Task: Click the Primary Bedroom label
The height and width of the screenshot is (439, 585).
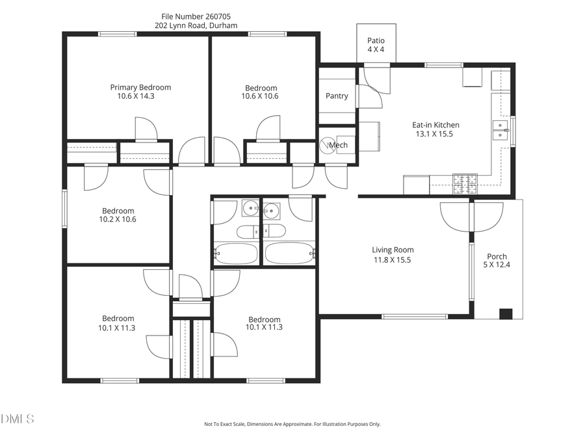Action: point(140,87)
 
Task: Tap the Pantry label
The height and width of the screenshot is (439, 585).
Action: point(337,96)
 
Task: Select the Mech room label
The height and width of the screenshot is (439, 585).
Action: point(339,144)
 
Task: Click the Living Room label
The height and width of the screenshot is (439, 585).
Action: point(393,250)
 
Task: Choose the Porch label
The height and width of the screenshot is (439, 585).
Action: point(497,256)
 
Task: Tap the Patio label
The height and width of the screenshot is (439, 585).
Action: point(376,40)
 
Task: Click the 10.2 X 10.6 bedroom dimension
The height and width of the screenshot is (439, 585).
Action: point(118,219)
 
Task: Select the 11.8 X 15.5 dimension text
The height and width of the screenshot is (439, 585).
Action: point(393,259)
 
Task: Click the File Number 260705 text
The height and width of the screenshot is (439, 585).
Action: point(196,16)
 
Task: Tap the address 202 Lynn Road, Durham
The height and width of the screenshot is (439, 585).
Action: point(196,26)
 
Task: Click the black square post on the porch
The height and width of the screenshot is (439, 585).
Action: point(505,313)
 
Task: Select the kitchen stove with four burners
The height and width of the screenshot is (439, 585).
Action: point(465,184)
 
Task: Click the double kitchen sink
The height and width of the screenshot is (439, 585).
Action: point(500,130)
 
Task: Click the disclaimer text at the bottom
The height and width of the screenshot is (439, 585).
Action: point(292,424)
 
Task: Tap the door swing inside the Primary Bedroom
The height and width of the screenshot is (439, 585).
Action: point(146,129)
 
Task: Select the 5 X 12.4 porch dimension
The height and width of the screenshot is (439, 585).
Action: point(497,265)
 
